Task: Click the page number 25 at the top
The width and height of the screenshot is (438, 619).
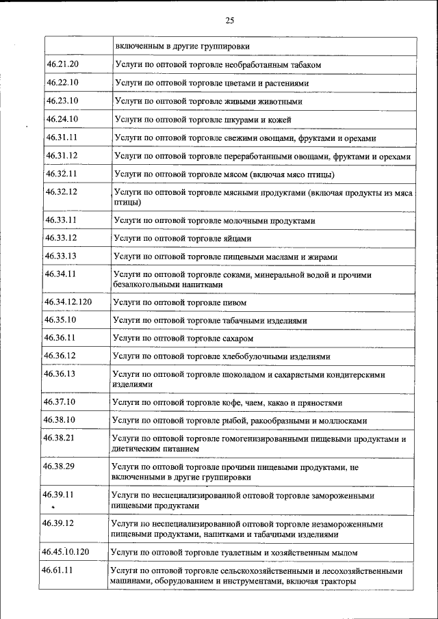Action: pos(229,21)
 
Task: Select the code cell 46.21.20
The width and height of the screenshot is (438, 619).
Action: pos(63,64)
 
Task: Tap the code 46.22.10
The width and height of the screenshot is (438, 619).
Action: pos(63,83)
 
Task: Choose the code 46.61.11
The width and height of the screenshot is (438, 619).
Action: pos(58,570)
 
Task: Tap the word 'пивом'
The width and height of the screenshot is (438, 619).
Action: pos(233,302)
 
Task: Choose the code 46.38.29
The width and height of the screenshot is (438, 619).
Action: pos(58,466)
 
